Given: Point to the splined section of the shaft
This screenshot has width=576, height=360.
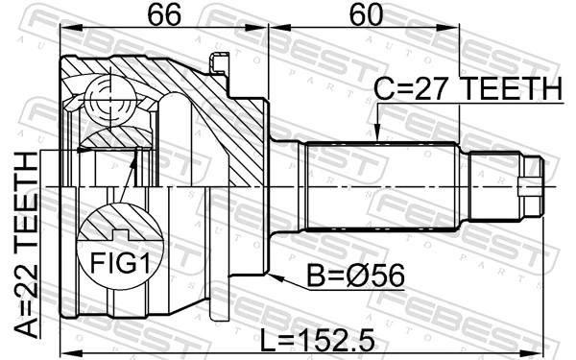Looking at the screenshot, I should [379, 182].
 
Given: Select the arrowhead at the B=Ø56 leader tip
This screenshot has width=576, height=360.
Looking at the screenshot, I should [273, 276].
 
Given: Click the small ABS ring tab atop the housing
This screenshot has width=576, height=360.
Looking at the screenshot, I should [219, 64].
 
